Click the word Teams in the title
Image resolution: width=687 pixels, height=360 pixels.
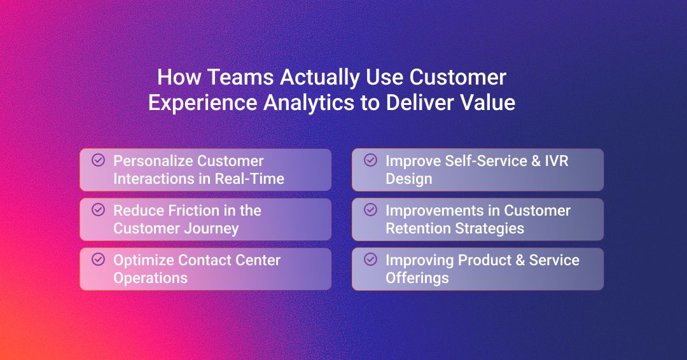coord(240,77)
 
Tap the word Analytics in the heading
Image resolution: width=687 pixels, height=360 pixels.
coord(309,104)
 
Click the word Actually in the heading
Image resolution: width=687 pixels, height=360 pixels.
coord(320,78)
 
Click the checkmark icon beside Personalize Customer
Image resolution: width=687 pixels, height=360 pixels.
coord(98,160)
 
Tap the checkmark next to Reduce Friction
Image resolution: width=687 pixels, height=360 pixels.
coord(98,209)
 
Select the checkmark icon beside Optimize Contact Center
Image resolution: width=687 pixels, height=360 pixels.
coord(98,260)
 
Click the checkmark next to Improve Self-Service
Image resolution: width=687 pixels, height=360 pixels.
coord(370,160)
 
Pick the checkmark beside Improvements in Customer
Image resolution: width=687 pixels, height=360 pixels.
coord(370,209)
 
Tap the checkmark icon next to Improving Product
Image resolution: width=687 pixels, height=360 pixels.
coord(370,260)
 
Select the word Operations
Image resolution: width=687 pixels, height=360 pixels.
coord(150,278)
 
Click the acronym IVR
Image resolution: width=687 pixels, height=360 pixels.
coord(557,161)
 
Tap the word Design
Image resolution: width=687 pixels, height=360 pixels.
coord(409,179)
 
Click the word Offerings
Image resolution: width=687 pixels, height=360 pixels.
coord(417,278)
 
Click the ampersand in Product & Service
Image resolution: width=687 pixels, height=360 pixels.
coord(520,260)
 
